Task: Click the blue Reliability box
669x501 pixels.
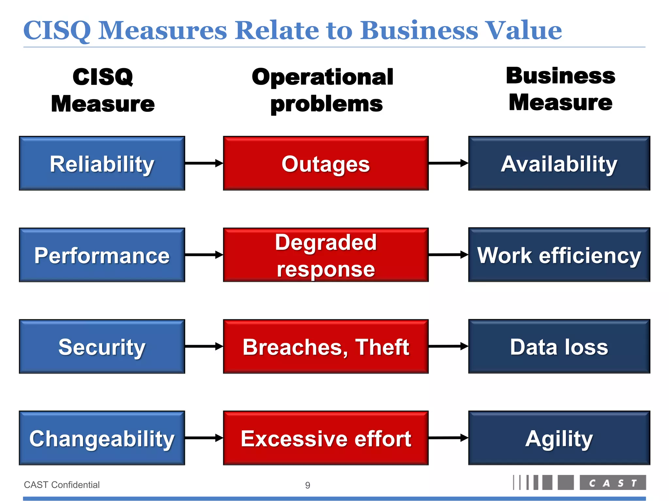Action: coord(102,163)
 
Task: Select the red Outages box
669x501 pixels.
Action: coord(326,163)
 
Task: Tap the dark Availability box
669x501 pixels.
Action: coord(559,163)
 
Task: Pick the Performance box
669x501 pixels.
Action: coord(102,255)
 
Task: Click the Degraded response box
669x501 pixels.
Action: coord(326,255)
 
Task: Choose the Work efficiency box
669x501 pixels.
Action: coord(559,255)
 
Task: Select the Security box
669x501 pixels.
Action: coord(102,346)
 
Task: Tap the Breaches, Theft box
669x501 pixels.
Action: coord(326,346)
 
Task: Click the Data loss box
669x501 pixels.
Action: coord(559,346)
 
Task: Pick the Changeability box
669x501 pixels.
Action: coord(102,438)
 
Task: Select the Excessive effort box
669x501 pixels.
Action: coord(326,438)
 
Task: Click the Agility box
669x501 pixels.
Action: coord(559,438)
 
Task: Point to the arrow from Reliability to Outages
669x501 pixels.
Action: coord(204,163)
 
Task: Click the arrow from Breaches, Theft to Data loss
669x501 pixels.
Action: coord(448,346)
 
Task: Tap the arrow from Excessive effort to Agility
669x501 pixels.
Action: coord(448,438)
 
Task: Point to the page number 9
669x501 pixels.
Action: coord(307,485)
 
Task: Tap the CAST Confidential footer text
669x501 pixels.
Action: coord(62,485)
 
